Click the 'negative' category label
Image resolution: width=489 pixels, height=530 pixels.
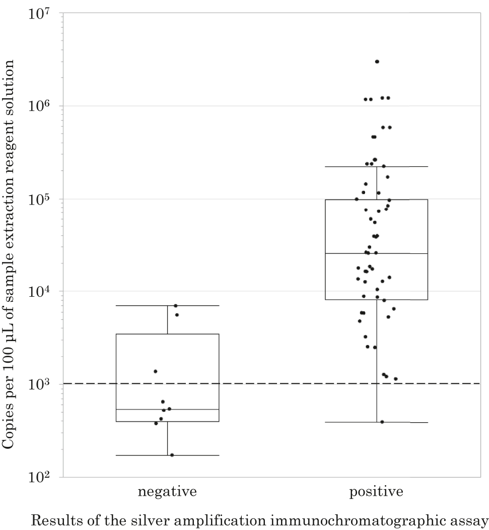click(x=167, y=492)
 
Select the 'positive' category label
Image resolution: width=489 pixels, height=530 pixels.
click(x=376, y=492)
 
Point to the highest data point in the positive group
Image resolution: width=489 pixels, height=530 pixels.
click(x=377, y=61)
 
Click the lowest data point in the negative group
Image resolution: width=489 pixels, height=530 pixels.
click(x=172, y=455)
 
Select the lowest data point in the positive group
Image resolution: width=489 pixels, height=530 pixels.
click(x=382, y=422)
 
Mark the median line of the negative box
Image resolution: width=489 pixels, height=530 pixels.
click(x=167, y=410)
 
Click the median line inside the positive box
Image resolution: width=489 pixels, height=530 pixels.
click(x=376, y=253)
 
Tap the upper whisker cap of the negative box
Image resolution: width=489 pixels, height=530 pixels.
click(x=167, y=305)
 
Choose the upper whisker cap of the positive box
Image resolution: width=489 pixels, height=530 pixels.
click(x=376, y=166)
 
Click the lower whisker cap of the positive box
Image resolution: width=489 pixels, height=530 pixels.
click(x=376, y=422)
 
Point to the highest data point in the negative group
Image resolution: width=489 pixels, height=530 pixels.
click(x=176, y=305)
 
